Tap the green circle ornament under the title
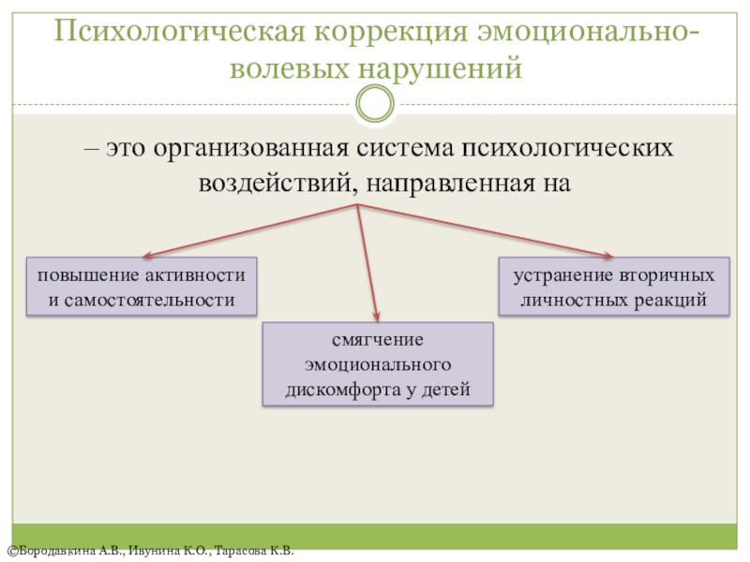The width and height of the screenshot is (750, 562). coord(376,103)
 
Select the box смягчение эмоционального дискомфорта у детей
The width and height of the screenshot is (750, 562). coord(378,364)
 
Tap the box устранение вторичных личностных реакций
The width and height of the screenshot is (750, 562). coord(614,288)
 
